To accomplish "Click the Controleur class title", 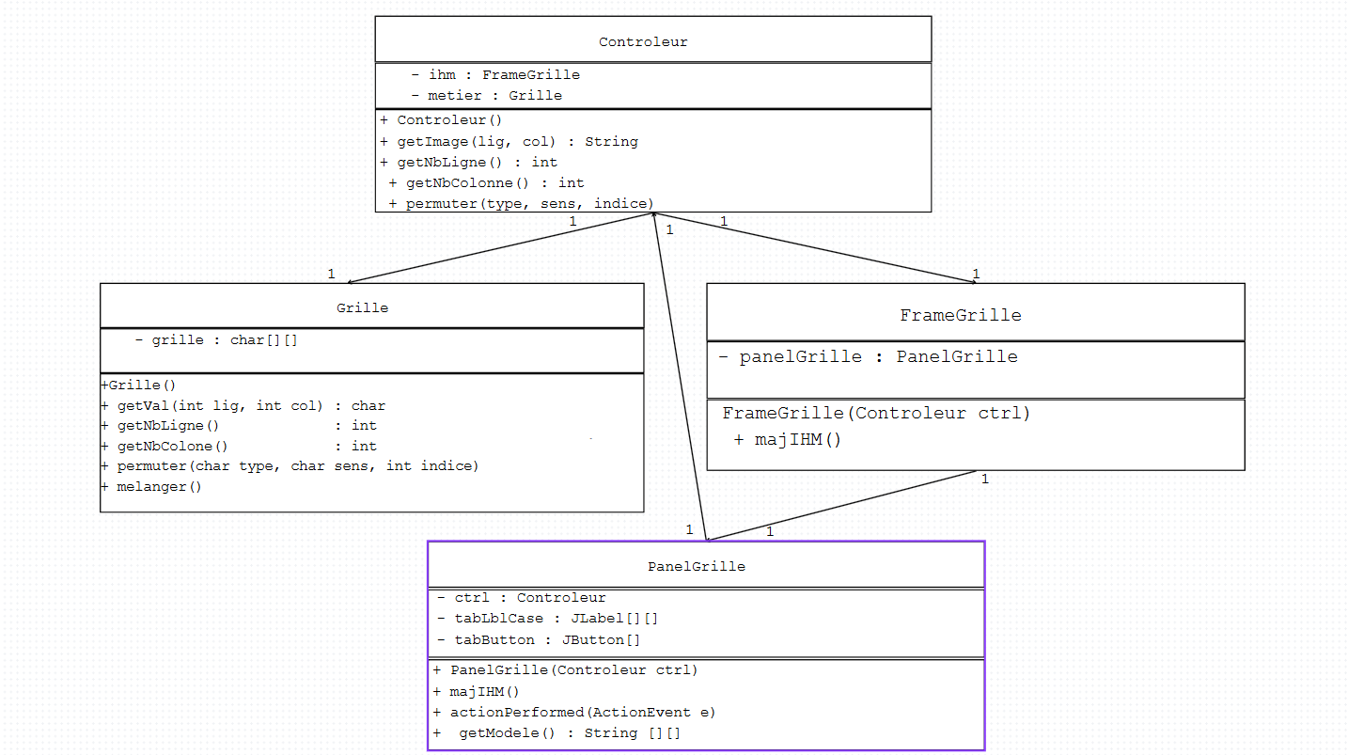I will point(643,42).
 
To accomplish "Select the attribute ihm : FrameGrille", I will point(495,75).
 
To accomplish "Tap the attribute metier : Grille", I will point(486,96).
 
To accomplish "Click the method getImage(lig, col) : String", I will point(509,142).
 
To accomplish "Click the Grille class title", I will point(362,307).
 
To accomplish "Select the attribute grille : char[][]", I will point(216,340).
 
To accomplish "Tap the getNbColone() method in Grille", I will point(238,447).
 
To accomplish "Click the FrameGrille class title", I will point(961,315).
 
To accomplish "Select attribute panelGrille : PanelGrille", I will point(868,357).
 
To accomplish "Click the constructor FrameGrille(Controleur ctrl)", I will point(876,414).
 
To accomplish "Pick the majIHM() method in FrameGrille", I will point(788,440).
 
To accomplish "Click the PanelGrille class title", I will point(696,567).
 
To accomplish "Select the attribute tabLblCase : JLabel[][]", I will point(547,619).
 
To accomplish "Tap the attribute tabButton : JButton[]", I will point(539,640).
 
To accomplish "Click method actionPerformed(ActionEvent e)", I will point(574,713).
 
